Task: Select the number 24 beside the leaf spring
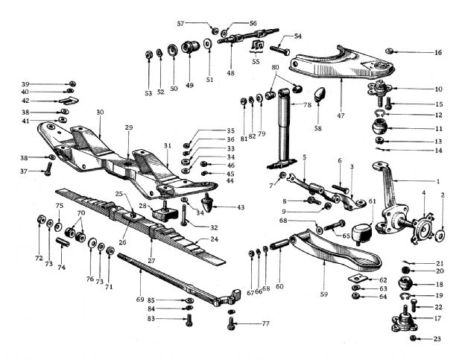(x=215, y=239)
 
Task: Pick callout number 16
(x=438, y=52)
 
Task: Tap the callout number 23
(x=437, y=340)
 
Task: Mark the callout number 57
(x=180, y=24)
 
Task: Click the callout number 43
(x=239, y=206)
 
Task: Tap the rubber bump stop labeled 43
(x=208, y=203)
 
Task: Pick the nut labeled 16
(x=390, y=51)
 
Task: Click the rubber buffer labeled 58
(x=320, y=95)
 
